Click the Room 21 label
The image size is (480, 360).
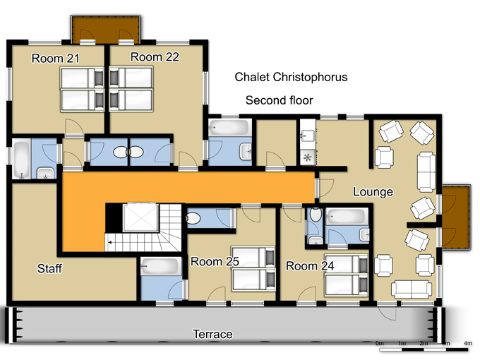(55, 58)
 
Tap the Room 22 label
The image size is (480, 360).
(155, 57)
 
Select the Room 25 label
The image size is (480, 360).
(215, 261)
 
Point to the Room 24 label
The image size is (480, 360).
(310, 265)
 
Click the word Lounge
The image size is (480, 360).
(373, 192)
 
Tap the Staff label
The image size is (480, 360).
(49, 268)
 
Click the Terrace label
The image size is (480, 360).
(212, 334)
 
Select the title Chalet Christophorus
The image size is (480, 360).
(291, 77)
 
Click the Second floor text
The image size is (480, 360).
(280, 100)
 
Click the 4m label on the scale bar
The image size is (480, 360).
(468, 343)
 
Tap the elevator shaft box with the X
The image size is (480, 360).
(140, 217)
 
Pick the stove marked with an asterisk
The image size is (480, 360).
(307, 158)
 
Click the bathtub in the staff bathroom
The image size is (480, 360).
(22, 159)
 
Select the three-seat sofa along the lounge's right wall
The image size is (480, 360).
(426, 172)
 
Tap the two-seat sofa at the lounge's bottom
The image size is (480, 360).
(412, 289)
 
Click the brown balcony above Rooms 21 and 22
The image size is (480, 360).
(106, 30)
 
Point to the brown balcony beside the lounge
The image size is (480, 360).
(456, 217)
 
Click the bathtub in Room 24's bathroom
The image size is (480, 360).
(347, 217)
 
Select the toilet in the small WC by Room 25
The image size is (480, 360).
(193, 219)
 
